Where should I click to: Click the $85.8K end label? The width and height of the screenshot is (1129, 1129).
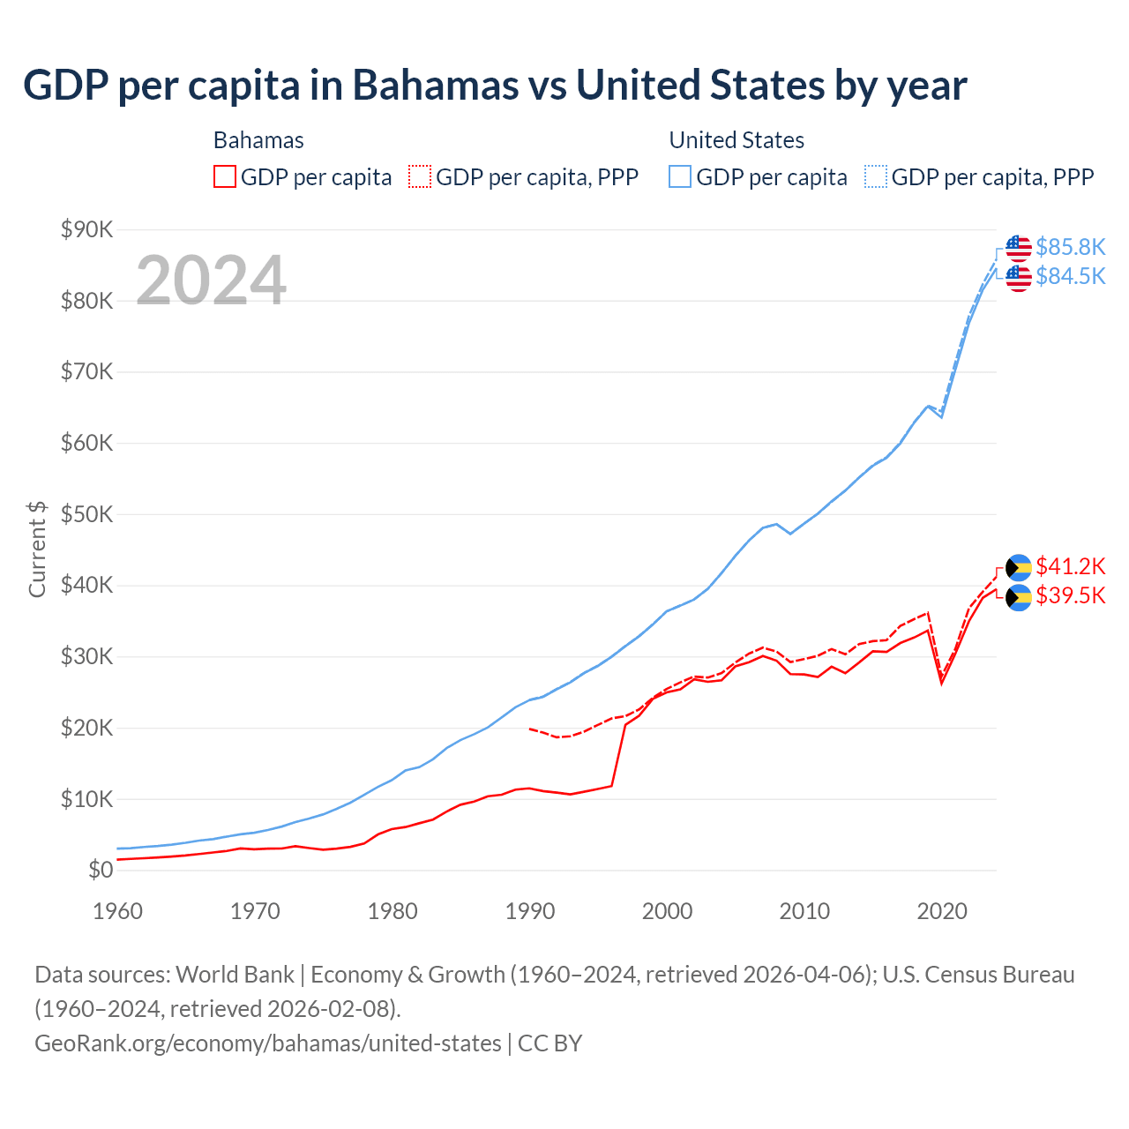(x=1070, y=247)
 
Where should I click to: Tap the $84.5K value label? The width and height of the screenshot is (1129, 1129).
(x=1070, y=276)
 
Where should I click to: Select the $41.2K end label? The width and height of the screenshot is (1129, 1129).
(x=1070, y=566)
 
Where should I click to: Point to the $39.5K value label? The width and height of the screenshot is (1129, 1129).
(x=1070, y=595)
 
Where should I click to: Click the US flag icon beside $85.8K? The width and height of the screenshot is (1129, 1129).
(x=1019, y=248)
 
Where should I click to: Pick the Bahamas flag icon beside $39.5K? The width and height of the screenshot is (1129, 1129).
(x=1019, y=597)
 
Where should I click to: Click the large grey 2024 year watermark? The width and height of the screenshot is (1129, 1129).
(x=212, y=280)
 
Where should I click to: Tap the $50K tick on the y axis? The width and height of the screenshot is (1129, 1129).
(x=86, y=514)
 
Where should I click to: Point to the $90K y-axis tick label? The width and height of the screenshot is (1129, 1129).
(x=86, y=230)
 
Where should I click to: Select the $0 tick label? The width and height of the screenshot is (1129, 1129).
(x=101, y=871)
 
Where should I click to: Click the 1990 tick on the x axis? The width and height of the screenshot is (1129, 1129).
(x=530, y=911)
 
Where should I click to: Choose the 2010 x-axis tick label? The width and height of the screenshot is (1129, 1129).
(x=804, y=911)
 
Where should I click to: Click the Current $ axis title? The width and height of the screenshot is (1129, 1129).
(x=37, y=549)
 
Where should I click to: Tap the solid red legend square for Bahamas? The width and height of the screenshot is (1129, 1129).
(x=225, y=176)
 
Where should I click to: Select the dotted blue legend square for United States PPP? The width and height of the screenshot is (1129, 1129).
(x=876, y=176)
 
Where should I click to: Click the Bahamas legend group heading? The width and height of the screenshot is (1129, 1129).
(x=258, y=140)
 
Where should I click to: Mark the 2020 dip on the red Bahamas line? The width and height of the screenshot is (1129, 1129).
(x=942, y=682)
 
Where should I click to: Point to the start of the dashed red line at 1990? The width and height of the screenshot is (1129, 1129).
(x=529, y=729)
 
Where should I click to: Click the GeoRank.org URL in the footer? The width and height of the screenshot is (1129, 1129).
(x=267, y=1043)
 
